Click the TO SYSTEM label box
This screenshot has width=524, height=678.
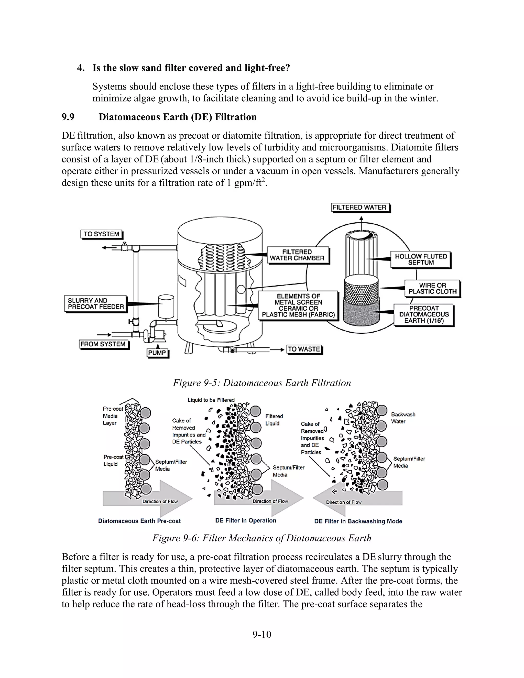pyautogui.click(x=102, y=234)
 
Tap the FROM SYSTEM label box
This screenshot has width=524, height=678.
pyautogui.click(x=103, y=344)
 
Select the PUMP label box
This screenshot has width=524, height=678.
pyautogui.click(x=157, y=353)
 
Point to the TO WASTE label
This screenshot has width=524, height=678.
pyautogui.click(x=304, y=349)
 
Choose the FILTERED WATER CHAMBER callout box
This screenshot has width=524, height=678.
pyautogui.click(x=297, y=255)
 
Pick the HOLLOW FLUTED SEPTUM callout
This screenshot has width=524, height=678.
pyautogui.click(x=421, y=259)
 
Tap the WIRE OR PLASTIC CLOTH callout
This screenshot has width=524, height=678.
pyautogui.click(x=432, y=288)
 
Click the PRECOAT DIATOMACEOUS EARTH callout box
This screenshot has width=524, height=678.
pyautogui.click(x=424, y=314)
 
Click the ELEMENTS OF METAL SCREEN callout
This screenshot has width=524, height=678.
pyautogui.click(x=298, y=305)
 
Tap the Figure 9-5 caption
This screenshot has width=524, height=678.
pyautogui.click(x=262, y=383)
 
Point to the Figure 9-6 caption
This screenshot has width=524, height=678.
pyautogui.click(x=262, y=538)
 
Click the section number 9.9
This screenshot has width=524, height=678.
pyautogui.click(x=68, y=117)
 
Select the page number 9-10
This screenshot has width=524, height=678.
pyautogui.click(x=262, y=634)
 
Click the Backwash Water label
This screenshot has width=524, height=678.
pyautogui.click(x=403, y=418)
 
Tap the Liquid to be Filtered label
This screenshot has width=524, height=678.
pyautogui.click(x=211, y=400)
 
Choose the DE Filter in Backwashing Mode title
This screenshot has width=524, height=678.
pyautogui.click(x=358, y=521)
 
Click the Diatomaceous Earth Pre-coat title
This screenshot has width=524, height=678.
pyautogui.click(x=139, y=521)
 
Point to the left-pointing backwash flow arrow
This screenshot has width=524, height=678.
pyautogui.click(x=357, y=498)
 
